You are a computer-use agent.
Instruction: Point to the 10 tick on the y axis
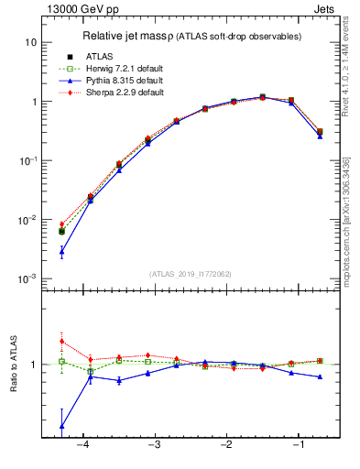tap(31, 42)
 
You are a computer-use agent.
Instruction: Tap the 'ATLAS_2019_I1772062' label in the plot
tap(191, 274)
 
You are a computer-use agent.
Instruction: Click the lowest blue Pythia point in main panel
tap(61, 251)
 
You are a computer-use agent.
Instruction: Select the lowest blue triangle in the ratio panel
tap(61, 426)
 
